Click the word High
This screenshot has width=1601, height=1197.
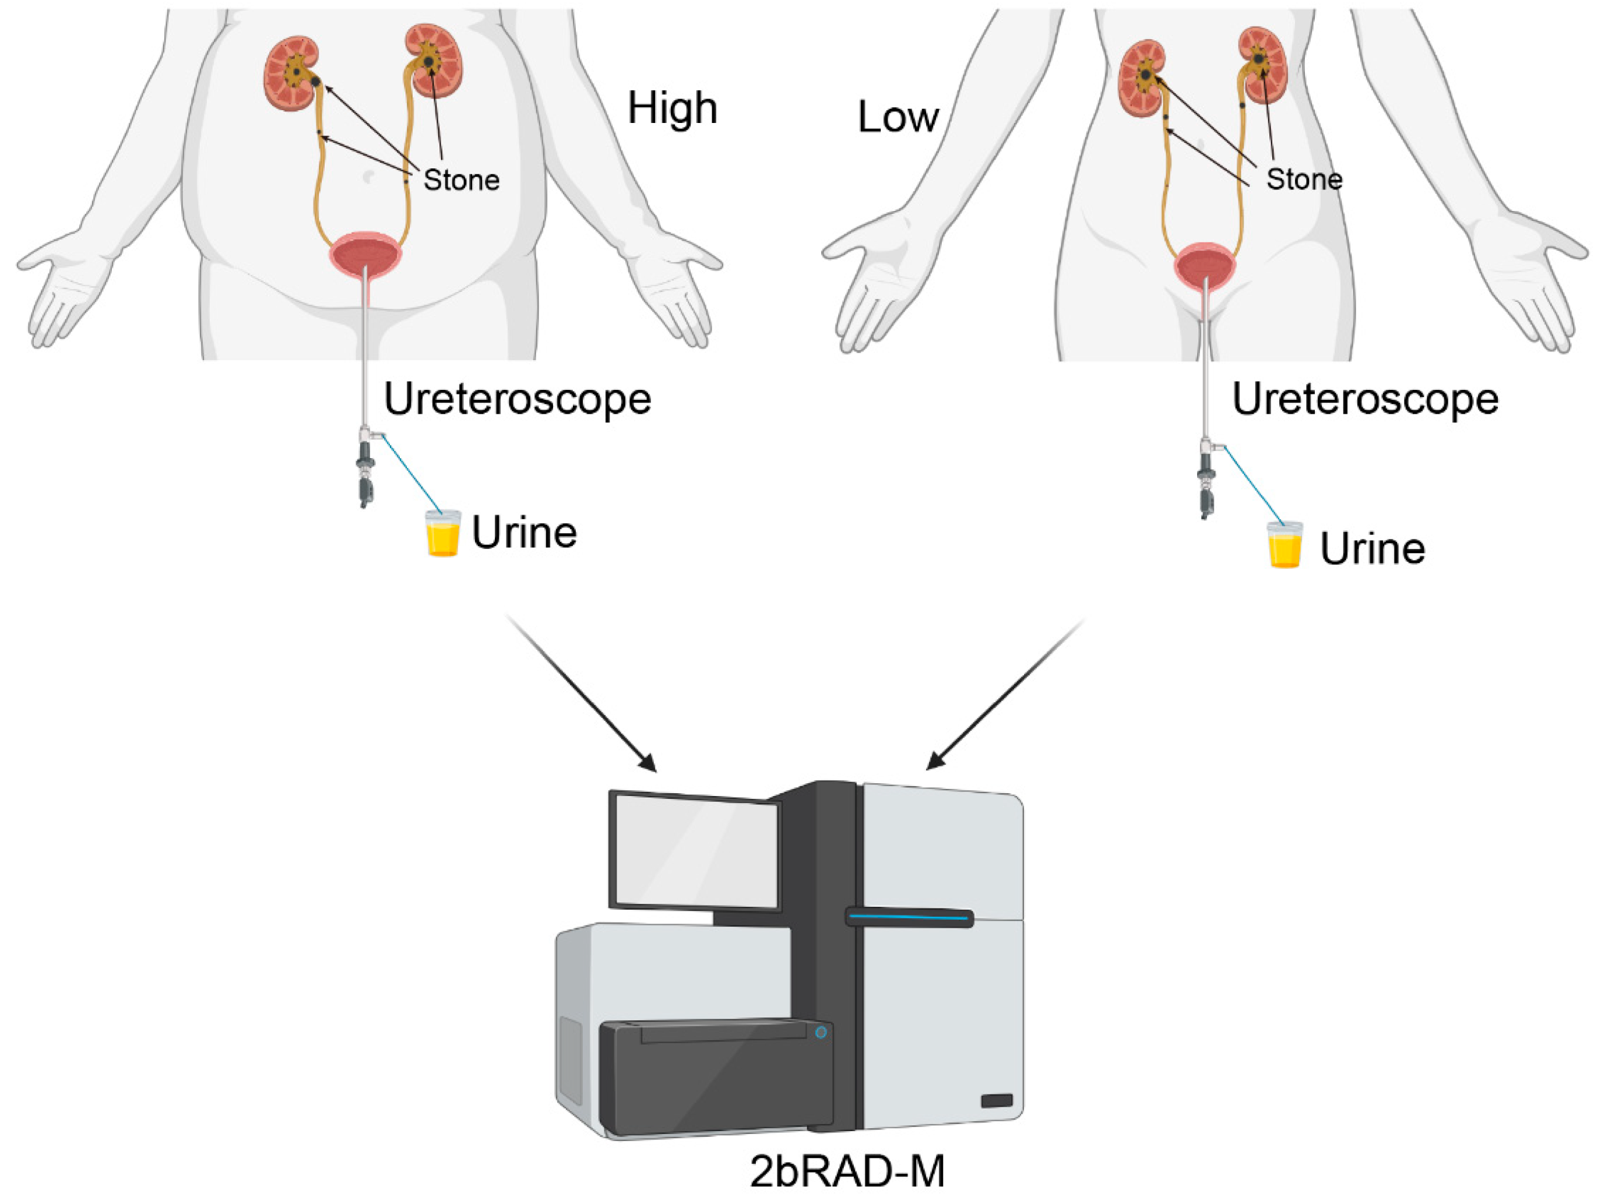tap(671, 108)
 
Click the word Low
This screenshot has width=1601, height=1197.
tap(898, 117)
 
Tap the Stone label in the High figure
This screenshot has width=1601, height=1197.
tap(461, 180)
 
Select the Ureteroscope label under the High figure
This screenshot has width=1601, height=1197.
tap(517, 399)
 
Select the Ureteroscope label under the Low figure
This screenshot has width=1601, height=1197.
tap(1365, 399)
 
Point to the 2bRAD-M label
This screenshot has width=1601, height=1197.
tap(847, 1172)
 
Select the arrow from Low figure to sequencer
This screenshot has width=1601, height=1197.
tap(1006, 695)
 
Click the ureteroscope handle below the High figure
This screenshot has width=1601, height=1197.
tap(365, 470)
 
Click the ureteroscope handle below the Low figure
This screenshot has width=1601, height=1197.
tap(1205, 481)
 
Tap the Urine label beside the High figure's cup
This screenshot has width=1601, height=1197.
tap(524, 533)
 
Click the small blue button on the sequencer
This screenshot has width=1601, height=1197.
tap(821, 1033)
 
